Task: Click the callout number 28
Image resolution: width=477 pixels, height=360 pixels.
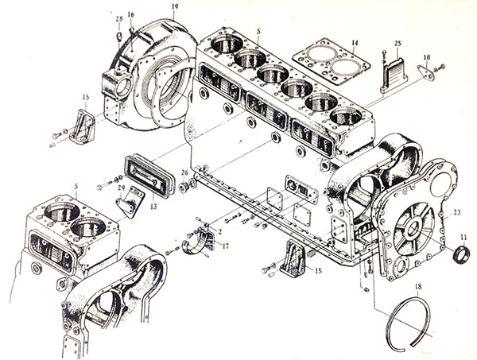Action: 118,18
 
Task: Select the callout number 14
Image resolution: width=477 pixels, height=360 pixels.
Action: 355,42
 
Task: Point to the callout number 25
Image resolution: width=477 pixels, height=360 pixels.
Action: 397,42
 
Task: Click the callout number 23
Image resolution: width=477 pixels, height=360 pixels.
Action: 457,212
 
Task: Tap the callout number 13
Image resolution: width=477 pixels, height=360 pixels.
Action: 153,206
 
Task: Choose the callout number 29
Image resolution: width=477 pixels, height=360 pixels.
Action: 122,188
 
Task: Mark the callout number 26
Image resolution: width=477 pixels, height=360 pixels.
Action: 184,172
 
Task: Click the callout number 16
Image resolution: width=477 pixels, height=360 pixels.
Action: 131,14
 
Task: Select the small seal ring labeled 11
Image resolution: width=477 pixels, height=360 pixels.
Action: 461,257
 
